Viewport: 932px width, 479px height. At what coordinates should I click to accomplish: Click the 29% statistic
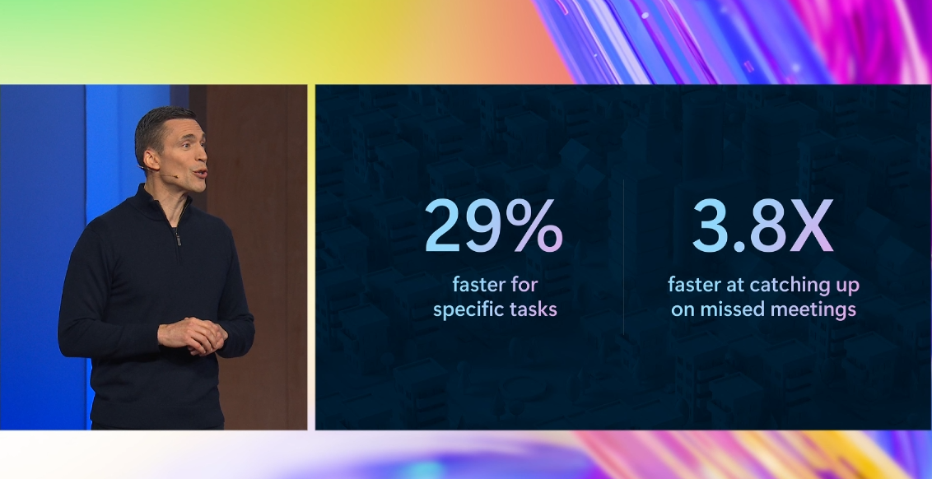493,226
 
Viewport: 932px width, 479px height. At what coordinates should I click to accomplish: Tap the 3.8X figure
762,226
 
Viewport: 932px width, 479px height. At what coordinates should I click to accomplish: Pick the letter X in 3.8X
811,226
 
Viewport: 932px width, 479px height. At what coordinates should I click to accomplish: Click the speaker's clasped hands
193,335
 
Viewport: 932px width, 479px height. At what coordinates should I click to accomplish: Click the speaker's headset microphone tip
176,176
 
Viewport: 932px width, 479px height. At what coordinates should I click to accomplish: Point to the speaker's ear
151,159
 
